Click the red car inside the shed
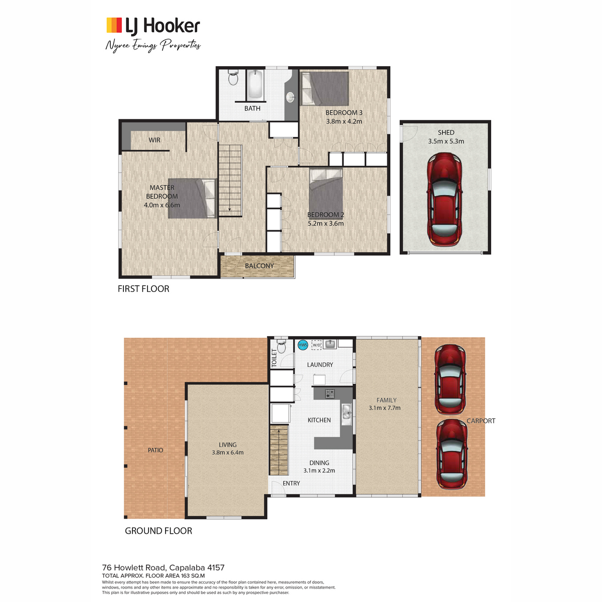(444, 199)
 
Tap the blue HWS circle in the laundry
(303, 345)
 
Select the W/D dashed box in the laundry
(317, 345)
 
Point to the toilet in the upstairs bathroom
(233, 77)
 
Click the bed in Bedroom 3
(325, 89)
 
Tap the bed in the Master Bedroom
(192, 198)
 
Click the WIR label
(155, 140)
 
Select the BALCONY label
(259, 266)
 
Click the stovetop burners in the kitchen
(330, 394)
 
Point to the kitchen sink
(347, 414)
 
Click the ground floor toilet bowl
(281, 347)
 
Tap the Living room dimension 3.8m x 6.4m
(227, 453)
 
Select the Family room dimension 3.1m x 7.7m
(385, 408)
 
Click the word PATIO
(155, 450)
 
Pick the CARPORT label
(481, 421)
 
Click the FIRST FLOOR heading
(143, 288)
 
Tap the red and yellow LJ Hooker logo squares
(114, 25)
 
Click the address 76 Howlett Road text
(134, 567)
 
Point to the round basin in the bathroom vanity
(290, 97)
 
